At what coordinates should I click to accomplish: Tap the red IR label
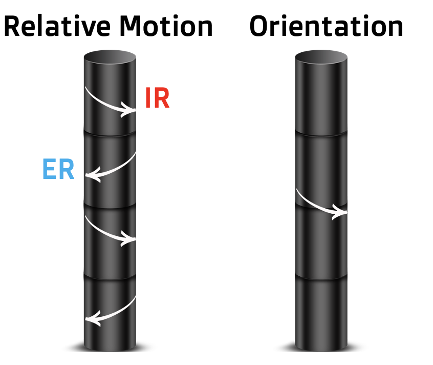click(157, 98)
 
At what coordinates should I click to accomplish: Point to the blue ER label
click(58, 170)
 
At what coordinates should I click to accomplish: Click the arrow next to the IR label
click(110, 102)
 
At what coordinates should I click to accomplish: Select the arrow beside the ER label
click(110, 167)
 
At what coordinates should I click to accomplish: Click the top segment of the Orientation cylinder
click(321, 97)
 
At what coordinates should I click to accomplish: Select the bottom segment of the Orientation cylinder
click(321, 313)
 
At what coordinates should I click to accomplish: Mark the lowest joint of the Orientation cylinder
click(321, 277)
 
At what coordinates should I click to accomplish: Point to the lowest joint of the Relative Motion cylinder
click(110, 277)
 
